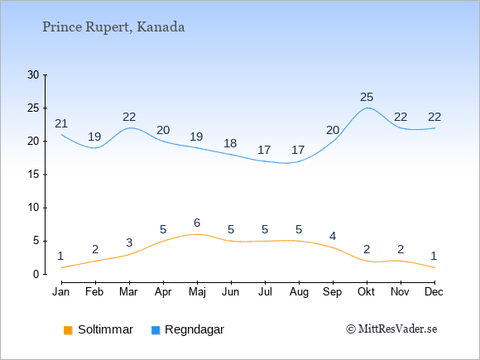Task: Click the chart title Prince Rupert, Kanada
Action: coord(113,27)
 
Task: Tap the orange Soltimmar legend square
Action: coord(68,330)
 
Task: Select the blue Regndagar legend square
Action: coord(156,330)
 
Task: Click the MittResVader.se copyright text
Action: coord(391,329)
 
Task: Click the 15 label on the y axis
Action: coord(33,175)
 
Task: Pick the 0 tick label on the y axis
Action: coord(36,274)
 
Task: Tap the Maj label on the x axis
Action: coord(197,292)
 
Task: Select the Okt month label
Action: coord(367,292)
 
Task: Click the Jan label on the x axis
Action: coord(61,292)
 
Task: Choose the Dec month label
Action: coord(434,292)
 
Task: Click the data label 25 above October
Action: coord(367,98)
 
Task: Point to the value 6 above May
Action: coord(197,223)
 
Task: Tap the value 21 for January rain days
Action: coord(61,123)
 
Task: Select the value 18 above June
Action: coord(230,143)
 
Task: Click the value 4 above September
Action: coord(333,236)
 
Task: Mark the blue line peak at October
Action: coord(367,108)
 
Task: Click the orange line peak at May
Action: coord(197,234)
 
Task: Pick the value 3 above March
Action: coord(129,242)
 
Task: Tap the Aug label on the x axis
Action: coord(299,292)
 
